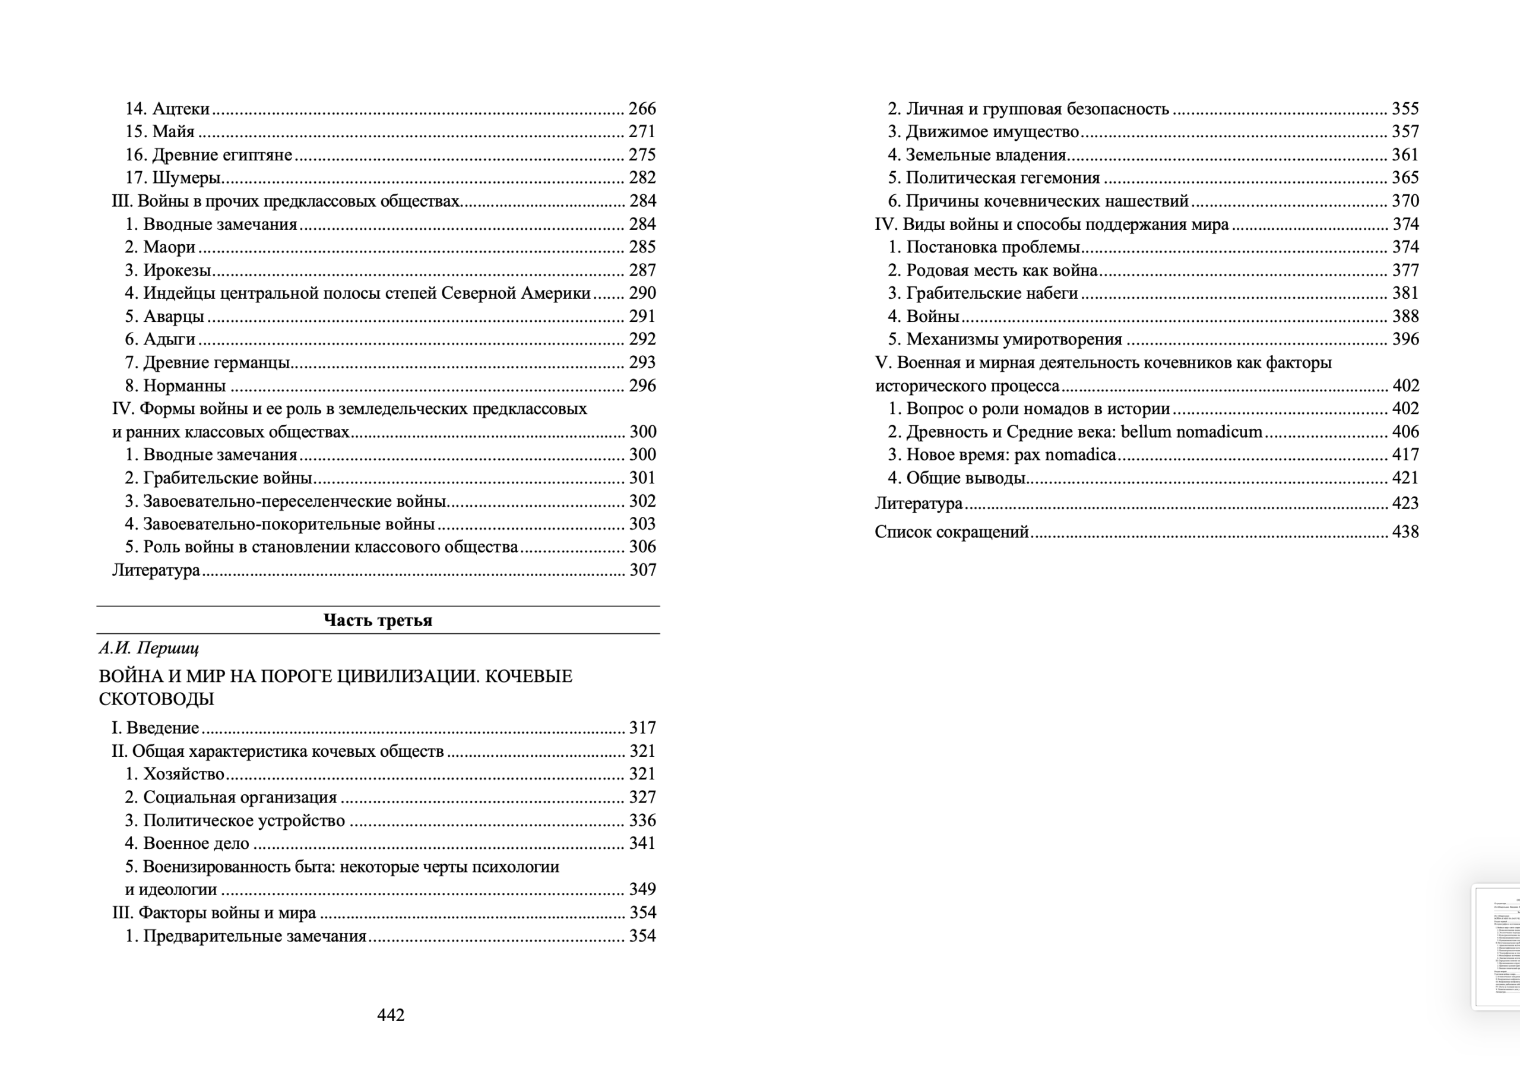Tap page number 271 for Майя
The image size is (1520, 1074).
[x=641, y=132]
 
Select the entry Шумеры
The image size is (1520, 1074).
[x=186, y=178]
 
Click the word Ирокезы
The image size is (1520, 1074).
[x=177, y=270]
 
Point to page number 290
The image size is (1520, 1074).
[x=641, y=293]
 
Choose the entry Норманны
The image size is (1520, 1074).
[x=184, y=386]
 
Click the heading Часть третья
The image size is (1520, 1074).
[x=378, y=620]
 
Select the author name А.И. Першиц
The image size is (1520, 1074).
[x=148, y=647]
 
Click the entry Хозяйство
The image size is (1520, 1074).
[x=183, y=774]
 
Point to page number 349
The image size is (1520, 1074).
[x=641, y=889]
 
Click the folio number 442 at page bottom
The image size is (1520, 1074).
[x=391, y=1015]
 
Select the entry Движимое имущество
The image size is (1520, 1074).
[x=992, y=132]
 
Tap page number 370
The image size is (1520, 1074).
[x=1405, y=201]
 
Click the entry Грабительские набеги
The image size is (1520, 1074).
[x=992, y=293]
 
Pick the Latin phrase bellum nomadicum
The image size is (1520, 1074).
[x=1191, y=432]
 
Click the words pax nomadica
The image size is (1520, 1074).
[x=1065, y=455]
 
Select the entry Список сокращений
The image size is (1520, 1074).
[x=951, y=532]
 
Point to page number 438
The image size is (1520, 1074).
[x=1405, y=532]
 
